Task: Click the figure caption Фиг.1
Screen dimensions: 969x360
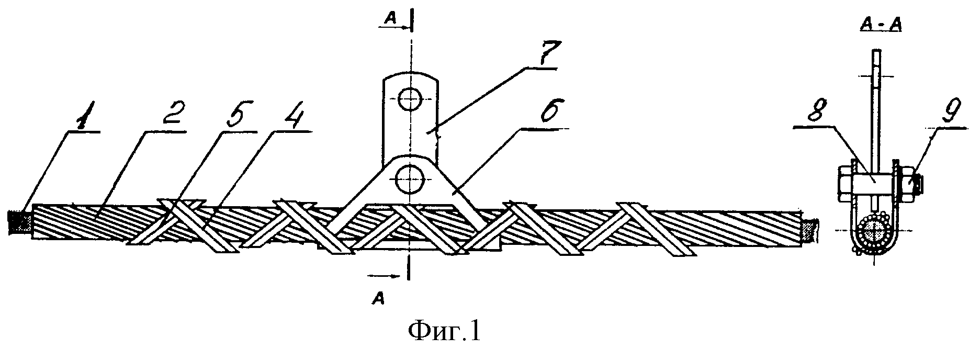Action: (443, 333)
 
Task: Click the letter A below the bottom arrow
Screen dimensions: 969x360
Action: (377, 299)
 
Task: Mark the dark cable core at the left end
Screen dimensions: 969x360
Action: (19, 222)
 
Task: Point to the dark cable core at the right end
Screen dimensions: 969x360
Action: (809, 231)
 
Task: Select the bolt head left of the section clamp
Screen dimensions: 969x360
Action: (846, 183)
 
